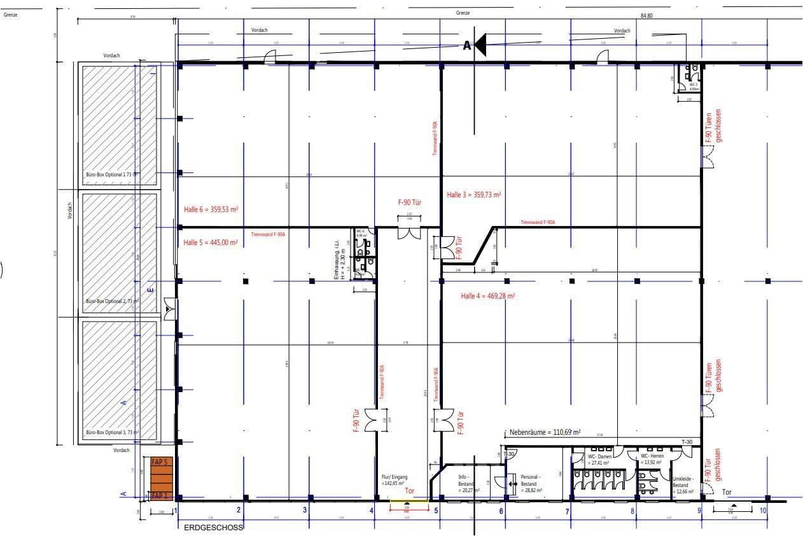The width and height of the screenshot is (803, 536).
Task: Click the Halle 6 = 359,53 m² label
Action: point(210,209)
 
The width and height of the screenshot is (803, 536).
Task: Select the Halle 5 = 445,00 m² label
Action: point(210,243)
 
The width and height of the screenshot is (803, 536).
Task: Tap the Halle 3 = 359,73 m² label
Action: point(474,195)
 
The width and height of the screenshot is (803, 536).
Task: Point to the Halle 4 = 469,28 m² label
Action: point(487,296)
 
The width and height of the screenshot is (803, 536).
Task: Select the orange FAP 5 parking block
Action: point(159,462)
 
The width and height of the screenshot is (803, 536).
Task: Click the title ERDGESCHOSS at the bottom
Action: point(213,528)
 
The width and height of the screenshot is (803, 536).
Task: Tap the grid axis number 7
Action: point(567,511)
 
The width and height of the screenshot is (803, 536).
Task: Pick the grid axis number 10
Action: point(762,510)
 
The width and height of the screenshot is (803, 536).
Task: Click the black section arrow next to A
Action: point(480,45)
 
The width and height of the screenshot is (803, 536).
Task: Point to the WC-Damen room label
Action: point(599,460)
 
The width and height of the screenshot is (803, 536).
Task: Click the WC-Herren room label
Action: point(652,460)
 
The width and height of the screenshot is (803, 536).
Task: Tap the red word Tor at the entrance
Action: point(410,491)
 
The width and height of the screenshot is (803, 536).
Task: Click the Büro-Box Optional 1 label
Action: point(112,174)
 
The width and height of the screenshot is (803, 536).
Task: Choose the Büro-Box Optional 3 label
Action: point(112,432)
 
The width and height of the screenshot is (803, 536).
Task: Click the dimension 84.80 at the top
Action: point(646,15)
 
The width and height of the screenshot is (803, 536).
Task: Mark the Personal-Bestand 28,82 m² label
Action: point(531,484)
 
